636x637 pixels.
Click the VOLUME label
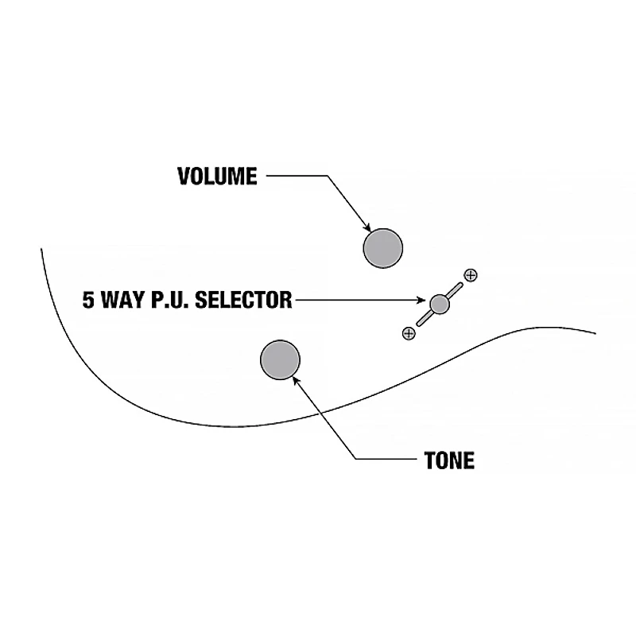tap(217, 176)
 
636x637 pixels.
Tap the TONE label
tap(450, 460)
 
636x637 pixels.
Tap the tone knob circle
tap(280, 359)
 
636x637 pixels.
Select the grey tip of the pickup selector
tap(440, 303)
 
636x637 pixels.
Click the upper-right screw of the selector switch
tap(471, 275)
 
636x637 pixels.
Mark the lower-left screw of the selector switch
tap(409, 333)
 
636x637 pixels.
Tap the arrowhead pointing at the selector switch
tap(425, 301)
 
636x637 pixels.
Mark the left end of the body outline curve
tap(41, 250)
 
